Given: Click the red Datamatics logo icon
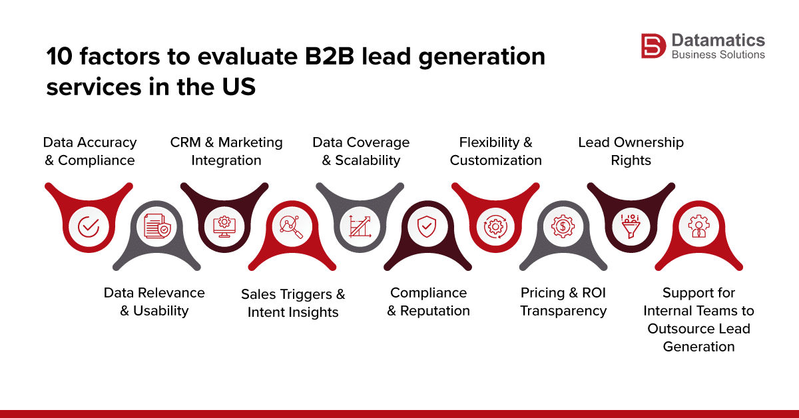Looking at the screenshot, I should click(x=653, y=47).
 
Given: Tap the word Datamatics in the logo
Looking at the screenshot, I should click(x=718, y=40).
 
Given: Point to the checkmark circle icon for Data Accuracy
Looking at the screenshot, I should click(x=89, y=227).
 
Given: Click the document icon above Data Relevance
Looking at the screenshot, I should click(x=156, y=227).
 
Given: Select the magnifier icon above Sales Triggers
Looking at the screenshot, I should click(x=292, y=227).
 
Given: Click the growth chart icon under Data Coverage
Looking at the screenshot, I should click(x=360, y=227).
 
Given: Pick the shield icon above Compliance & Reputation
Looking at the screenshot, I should click(x=427, y=227).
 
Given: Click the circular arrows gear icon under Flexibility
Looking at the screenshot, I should click(x=495, y=227).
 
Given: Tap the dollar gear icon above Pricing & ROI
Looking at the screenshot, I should click(x=563, y=227).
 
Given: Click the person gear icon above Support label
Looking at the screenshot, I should click(x=698, y=227).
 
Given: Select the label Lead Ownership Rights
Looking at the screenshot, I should click(x=631, y=151).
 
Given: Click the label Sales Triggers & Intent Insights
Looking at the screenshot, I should click(x=293, y=303).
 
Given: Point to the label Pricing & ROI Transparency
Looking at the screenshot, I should click(x=563, y=302).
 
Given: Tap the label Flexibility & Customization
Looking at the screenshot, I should click(x=495, y=151).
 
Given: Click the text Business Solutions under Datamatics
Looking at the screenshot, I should click(x=718, y=55).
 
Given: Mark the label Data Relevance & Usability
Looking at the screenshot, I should click(x=154, y=302).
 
